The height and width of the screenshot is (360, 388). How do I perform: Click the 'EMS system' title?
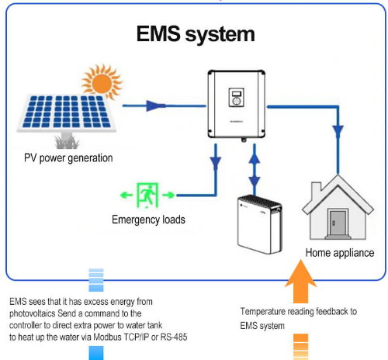[195, 35]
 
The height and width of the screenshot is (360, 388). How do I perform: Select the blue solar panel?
[68, 113]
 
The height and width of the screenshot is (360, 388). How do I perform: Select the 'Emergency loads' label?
[147, 220]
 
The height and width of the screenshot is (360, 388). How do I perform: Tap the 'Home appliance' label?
[340, 253]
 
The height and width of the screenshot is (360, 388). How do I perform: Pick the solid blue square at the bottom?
[95, 353]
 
